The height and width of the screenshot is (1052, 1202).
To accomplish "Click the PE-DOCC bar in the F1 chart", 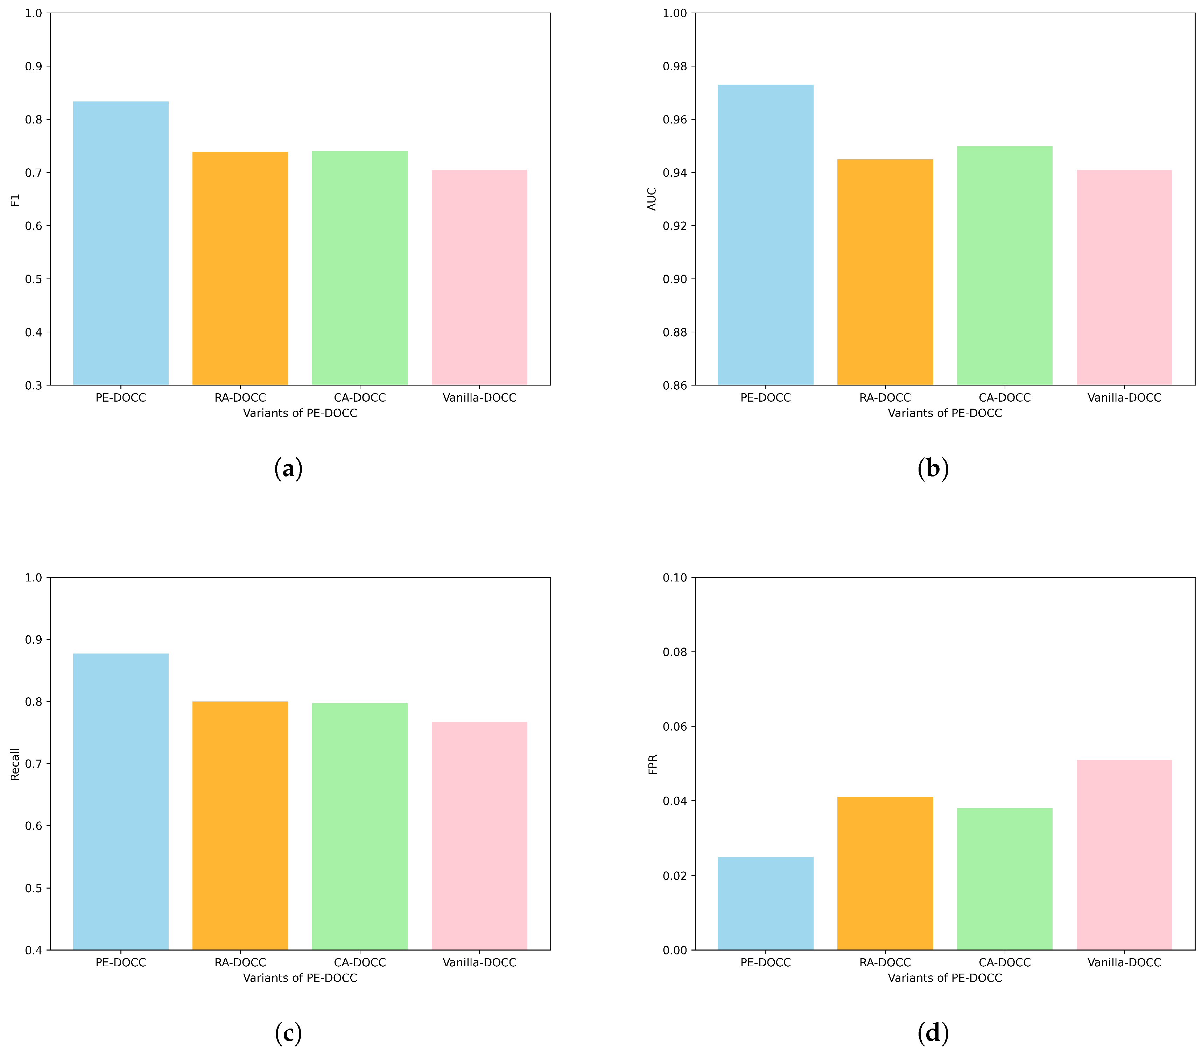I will click(x=120, y=243).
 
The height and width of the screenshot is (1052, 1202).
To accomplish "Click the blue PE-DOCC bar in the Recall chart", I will click(x=120, y=801).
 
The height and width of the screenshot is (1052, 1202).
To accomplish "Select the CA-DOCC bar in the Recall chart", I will click(x=359, y=826).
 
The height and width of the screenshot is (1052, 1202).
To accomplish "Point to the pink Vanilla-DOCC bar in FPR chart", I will click(x=1124, y=855).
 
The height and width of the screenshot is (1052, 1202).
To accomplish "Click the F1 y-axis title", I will click(x=15, y=200).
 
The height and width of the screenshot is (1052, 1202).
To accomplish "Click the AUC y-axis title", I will click(x=652, y=199).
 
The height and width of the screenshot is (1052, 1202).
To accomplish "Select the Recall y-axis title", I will click(x=15, y=764).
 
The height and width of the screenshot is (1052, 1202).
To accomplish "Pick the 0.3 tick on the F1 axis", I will click(x=34, y=386).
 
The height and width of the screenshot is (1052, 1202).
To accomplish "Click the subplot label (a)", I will click(x=288, y=469).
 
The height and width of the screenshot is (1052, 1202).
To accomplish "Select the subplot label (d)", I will click(x=933, y=1033).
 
